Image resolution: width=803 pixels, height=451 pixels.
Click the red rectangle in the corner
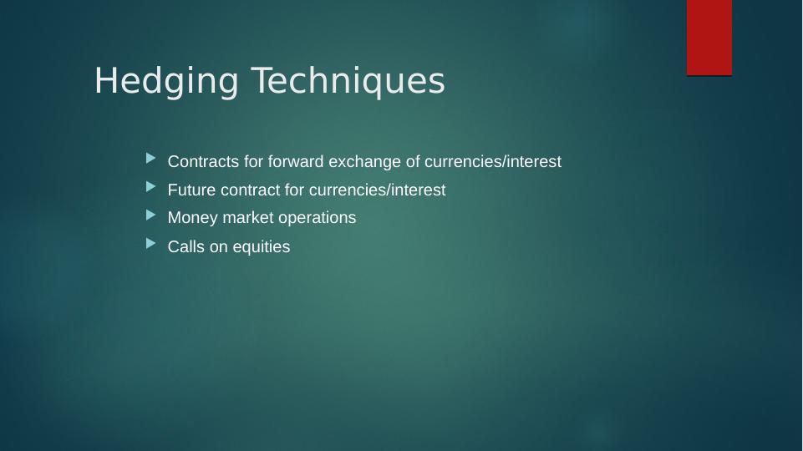[709, 37]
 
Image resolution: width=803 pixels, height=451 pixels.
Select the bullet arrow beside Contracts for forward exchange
[150, 158]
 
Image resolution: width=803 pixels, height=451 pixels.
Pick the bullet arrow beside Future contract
[150, 186]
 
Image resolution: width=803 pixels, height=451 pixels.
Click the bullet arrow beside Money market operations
[150, 215]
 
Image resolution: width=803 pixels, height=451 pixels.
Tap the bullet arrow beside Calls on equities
[150, 243]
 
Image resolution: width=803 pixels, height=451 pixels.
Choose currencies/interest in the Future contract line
[377, 190]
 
